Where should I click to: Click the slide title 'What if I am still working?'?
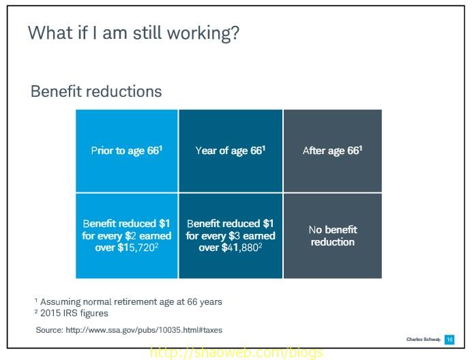[133, 33]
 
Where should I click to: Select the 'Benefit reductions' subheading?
[96, 91]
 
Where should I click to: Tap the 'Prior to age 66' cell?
[126, 151]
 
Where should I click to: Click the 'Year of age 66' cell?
[230, 151]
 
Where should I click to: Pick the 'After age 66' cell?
[332, 151]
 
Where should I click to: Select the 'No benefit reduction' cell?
[333, 235]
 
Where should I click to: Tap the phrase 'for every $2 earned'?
[127, 236]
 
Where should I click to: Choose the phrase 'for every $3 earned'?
[231, 236]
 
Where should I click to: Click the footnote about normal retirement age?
[129, 301]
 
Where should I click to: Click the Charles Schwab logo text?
[422, 340]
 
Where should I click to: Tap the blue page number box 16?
[449, 340]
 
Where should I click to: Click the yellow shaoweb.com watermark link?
[235, 353]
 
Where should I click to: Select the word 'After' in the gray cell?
[314, 151]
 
